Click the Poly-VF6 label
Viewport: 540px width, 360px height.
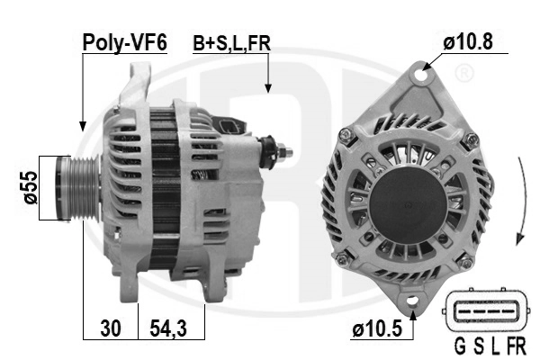pyautogui.click(x=125, y=42)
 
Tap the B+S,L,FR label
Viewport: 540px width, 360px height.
pyautogui.click(x=232, y=43)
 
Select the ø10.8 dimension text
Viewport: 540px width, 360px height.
pyautogui.click(x=468, y=41)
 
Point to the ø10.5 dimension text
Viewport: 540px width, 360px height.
pyautogui.click(x=377, y=328)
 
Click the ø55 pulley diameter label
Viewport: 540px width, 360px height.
pyautogui.click(x=31, y=188)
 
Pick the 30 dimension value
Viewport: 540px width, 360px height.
pyautogui.click(x=111, y=328)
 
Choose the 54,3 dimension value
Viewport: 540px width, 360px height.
pyautogui.click(x=168, y=328)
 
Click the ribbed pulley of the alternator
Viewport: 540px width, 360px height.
pyautogui.click(x=78, y=188)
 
